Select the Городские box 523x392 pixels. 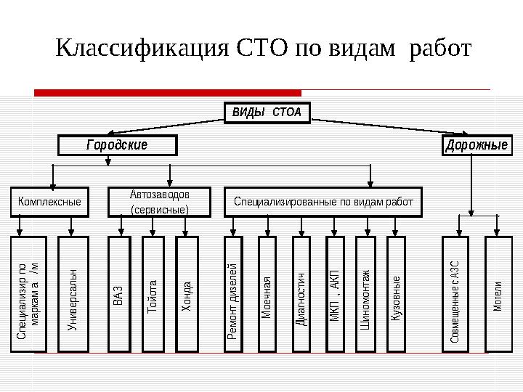pyautogui.click(x=117, y=145)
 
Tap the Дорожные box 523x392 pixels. pyautogui.click(x=477, y=145)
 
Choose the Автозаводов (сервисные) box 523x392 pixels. pyautogui.click(x=159, y=202)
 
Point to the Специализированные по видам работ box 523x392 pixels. pyautogui.click(x=323, y=202)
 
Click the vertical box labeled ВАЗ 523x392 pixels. pyautogui.click(x=118, y=294)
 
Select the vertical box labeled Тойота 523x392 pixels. pyautogui.click(x=153, y=294)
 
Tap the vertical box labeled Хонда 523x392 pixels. pyautogui.click(x=187, y=294)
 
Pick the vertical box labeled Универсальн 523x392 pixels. pyautogui.click(x=73, y=294)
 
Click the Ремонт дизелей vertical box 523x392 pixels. pyautogui.click(x=233, y=294)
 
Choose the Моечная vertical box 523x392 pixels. pyautogui.click(x=267, y=294)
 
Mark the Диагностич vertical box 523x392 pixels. pyautogui.click(x=301, y=294)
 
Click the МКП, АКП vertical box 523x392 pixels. pyautogui.click(x=335, y=294)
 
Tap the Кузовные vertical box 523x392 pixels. pyautogui.click(x=396, y=294)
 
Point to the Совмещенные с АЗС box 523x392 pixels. pyautogui.click(x=457, y=294)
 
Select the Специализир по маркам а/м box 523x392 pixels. pyautogui.click(x=30, y=294)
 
